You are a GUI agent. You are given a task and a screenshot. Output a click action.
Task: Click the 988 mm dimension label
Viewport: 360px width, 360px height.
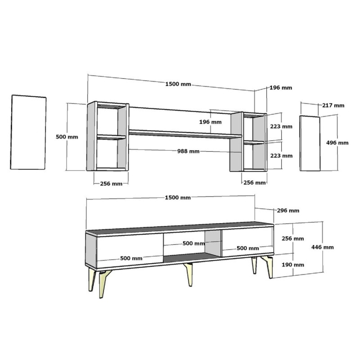[x=188, y=151]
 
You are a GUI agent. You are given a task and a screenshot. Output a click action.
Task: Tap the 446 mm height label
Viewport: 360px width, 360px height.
[x=322, y=247]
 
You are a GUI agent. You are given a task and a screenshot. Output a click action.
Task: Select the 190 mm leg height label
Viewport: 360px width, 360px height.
[x=292, y=265]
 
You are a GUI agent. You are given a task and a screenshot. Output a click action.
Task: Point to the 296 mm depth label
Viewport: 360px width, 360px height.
[x=288, y=210]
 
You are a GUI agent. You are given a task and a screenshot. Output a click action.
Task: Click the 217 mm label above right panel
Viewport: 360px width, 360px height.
[x=333, y=105]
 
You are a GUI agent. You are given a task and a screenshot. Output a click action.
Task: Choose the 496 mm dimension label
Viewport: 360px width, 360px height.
[x=337, y=143]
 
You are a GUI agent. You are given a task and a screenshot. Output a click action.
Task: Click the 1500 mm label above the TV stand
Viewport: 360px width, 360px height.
[x=178, y=198]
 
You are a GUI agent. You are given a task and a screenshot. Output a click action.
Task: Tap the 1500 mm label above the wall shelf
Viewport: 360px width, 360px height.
[x=178, y=84]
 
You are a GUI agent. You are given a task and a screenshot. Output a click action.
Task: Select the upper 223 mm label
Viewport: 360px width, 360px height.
[x=281, y=126]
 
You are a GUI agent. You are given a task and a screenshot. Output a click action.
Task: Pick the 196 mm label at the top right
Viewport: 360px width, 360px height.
[x=280, y=88]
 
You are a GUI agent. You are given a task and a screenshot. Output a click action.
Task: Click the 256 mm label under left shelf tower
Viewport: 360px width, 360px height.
[x=111, y=184]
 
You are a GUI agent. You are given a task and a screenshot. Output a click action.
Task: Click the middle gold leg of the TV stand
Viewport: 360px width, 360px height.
[x=189, y=274]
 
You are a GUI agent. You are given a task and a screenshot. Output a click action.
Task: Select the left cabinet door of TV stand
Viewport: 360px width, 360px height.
[x=130, y=249]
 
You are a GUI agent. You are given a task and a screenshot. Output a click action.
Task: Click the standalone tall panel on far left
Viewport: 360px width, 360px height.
[x=28, y=132]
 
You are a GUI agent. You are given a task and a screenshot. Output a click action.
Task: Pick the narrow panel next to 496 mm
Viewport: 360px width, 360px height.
[x=310, y=143]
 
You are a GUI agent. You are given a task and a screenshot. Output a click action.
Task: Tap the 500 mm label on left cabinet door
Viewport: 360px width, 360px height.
[x=131, y=258]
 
